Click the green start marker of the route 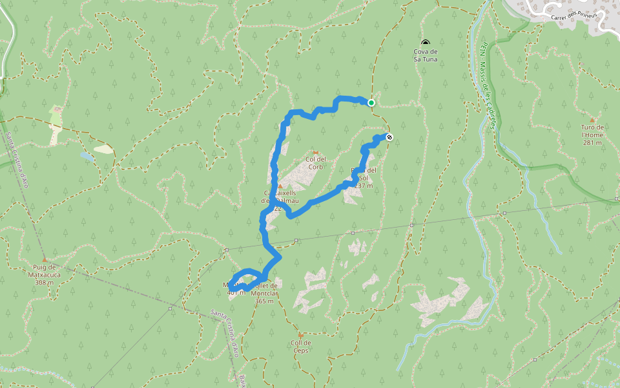pyautogui.click(x=371, y=102)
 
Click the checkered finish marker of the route pyautogui.click(x=389, y=136)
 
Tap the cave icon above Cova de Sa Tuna pyautogui.click(x=425, y=43)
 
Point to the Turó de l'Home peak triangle pyautogui.click(x=592, y=120)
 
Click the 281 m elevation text pyautogui.click(x=592, y=143)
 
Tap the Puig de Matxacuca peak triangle pyautogui.click(x=45, y=259)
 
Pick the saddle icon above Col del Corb pyautogui.click(x=316, y=152)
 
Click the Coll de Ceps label pyautogui.click(x=300, y=347)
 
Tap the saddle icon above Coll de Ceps pyautogui.click(x=300, y=335)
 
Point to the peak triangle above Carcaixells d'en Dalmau pyautogui.click(x=280, y=186)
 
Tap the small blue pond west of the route pyautogui.click(x=87, y=156)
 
